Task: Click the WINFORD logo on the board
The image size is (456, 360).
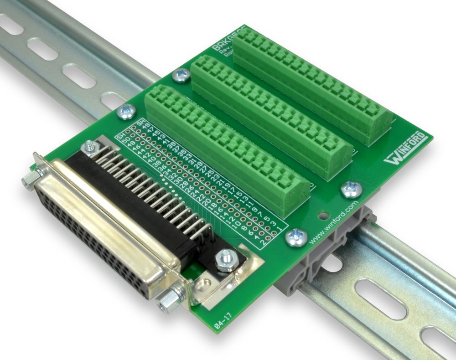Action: click(x=405, y=149)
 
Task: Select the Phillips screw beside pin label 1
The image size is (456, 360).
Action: click(x=295, y=237)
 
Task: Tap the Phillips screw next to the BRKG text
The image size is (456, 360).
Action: click(x=182, y=75)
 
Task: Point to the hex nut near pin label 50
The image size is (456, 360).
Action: click(x=89, y=147)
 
